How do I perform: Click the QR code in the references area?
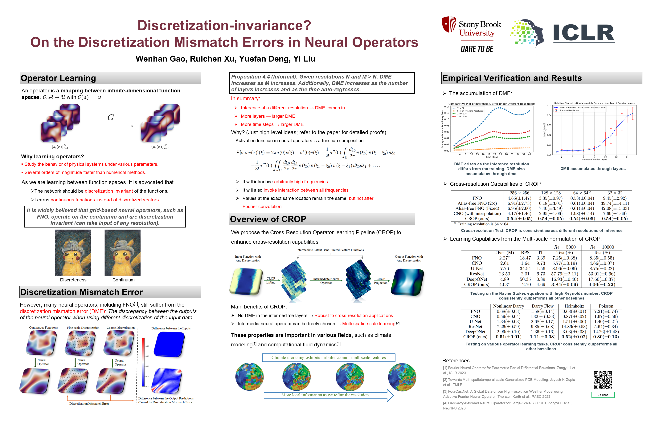click(x=603, y=380)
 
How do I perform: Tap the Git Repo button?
click(x=603, y=395)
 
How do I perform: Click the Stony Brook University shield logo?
click(x=449, y=24)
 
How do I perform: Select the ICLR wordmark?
click(x=584, y=33)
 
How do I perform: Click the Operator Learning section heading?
click(x=58, y=78)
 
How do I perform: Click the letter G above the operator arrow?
click(x=111, y=118)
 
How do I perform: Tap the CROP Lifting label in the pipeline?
click(x=271, y=280)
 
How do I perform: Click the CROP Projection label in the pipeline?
click(x=380, y=281)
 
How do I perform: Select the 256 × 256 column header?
click(x=519, y=193)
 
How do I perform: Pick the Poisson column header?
click(x=606, y=306)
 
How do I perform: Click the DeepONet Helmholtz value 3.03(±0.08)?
click(x=574, y=332)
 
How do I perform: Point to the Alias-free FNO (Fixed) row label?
click(x=477, y=208)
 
